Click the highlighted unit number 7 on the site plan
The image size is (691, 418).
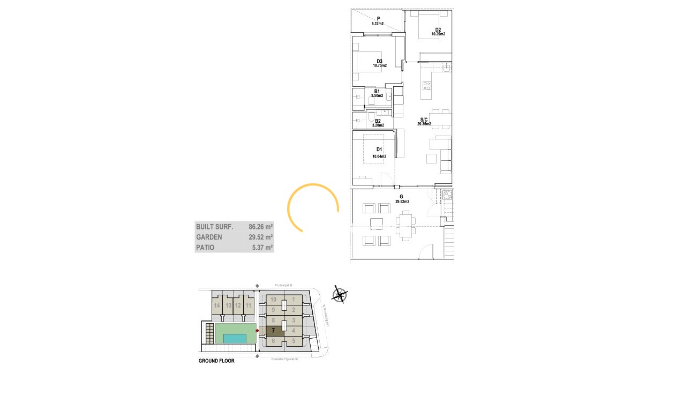tap(273, 330)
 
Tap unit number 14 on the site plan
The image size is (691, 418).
tap(217, 305)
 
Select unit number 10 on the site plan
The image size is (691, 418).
tap(273, 300)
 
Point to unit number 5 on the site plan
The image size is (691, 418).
tap(294, 341)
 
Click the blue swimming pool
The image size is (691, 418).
tap(235, 339)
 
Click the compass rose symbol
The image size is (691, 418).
tap(340, 294)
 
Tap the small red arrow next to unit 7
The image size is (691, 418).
tap(257, 331)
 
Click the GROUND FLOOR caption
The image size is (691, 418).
tap(216, 361)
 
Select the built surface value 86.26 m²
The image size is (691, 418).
tap(261, 227)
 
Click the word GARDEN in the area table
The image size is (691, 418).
tap(209, 237)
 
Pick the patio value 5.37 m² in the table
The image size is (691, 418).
tap(262, 248)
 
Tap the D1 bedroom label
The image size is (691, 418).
tap(379, 150)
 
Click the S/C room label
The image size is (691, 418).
tap(424, 120)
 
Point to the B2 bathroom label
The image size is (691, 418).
tap(378, 121)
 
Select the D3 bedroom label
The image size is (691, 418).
tap(379, 62)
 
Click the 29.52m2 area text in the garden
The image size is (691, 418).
tap(402, 202)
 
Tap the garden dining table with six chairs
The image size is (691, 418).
tap(405, 225)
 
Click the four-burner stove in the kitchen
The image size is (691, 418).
tap(427, 85)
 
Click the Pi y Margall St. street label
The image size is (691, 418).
tap(283, 286)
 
